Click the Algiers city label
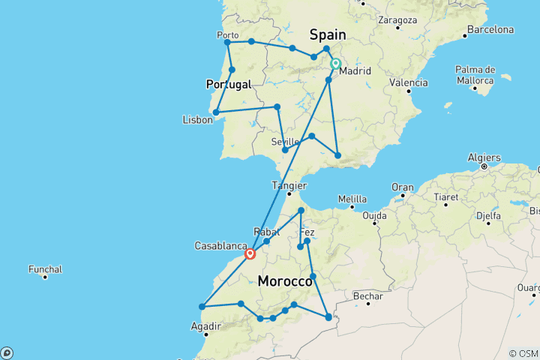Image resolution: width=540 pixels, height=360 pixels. coord(481,158)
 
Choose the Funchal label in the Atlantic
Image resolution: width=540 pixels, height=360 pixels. coord(45,269)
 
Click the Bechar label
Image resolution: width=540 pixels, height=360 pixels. coord(367,297)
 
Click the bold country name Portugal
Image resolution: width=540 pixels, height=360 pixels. coord(228,85)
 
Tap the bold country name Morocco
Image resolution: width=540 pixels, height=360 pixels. coord(285,281)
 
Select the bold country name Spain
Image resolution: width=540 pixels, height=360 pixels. coord(328,34)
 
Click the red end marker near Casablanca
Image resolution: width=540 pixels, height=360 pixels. coord(250,253)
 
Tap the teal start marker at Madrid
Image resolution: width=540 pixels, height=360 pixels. coord(335,64)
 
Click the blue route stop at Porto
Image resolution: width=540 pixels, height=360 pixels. coord(227,43)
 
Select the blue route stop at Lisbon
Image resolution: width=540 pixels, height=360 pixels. coord(216,112)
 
